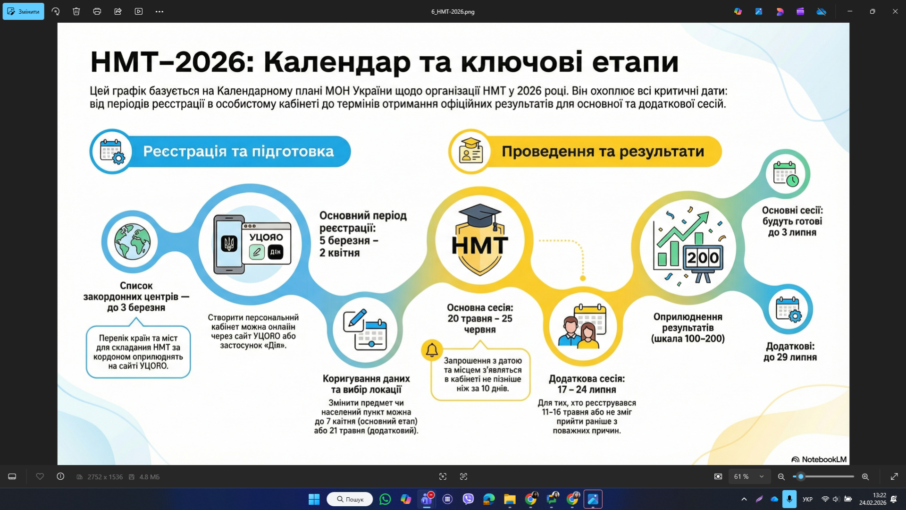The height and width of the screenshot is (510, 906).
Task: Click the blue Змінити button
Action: (x=24, y=11)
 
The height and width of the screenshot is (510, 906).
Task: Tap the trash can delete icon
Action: (x=76, y=11)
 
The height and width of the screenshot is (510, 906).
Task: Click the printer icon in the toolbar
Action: (x=97, y=11)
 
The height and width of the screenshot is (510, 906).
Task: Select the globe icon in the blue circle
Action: (x=133, y=242)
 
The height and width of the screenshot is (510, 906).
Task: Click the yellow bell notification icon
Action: (x=432, y=350)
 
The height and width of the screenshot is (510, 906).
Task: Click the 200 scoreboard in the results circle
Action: (x=703, y=258)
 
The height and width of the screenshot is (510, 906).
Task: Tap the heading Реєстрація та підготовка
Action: (x=238, y=152)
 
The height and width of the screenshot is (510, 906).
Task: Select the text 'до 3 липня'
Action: (x=792, y=232)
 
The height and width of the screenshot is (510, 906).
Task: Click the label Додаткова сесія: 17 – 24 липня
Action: (x=587, y=384)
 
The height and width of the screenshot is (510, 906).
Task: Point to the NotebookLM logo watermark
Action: (x=819, y=459)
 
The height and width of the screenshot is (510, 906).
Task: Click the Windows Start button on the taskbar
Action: (x=314, y=499)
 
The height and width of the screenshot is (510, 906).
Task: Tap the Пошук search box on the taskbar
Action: (x=350, y=499)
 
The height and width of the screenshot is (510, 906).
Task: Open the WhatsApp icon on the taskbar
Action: (x=385, y=499)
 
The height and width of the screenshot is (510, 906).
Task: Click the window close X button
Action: (x=895, y=11)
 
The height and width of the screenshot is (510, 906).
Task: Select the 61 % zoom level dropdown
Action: (x=749, y=477)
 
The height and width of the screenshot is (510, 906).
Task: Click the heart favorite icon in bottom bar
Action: (x=40, y=477)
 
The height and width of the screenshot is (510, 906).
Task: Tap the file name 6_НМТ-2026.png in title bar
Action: (x=453, y=12)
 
